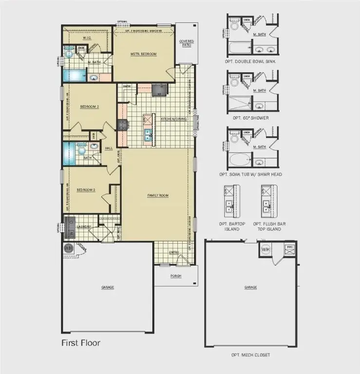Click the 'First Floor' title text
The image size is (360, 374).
coord(80,343)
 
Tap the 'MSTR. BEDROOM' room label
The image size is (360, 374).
coord(143,54)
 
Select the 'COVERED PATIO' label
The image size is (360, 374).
coord(186,42)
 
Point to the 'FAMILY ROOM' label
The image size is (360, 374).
coord(158,195)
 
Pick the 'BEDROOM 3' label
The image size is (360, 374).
coord(85,189)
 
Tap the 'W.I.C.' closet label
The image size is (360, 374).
coord(88,37)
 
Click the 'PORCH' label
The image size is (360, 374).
coord(176,276)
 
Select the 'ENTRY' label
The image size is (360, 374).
coord(174,252)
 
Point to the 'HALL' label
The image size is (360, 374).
coord(108,148)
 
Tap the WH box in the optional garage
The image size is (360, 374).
coord(265,249)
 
